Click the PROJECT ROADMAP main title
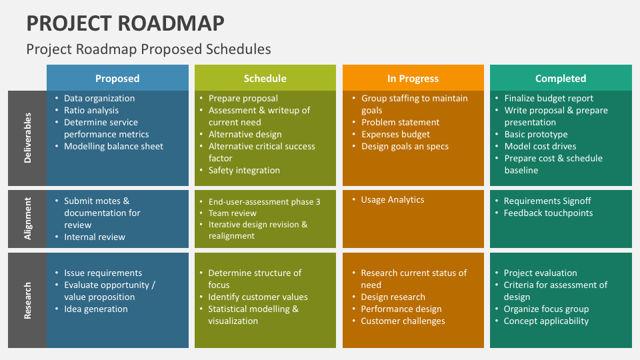(125, 23)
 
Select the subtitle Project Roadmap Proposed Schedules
(149, 49)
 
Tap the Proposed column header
(117, 78)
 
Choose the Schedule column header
(265, 78)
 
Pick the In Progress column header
(413, 78)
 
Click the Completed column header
(561, 78)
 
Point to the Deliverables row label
(27, 138)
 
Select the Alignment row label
(27, 219)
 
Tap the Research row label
(27, 300)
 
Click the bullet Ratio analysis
(91, 110)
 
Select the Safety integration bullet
(244, 170)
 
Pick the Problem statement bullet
(400, 122)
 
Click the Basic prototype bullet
(536, 134)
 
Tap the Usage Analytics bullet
(392, 199)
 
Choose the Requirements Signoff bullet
(547, 201)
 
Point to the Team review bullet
(233, 213)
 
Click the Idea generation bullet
(96, 309)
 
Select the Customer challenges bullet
(403, 321)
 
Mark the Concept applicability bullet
(546, 321)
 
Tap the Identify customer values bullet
(258, 297)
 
